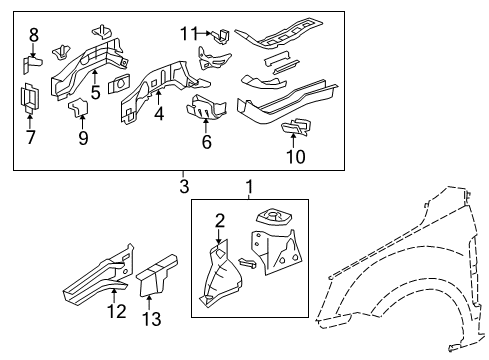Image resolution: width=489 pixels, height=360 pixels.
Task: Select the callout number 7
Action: coord(30,137)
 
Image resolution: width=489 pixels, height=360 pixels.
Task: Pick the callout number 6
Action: coord(206,143)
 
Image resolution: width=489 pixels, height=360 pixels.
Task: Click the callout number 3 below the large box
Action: coord(183,186)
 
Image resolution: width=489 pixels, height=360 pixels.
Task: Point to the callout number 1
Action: coord(249,186)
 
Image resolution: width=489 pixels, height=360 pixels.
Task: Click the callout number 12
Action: coord(119,313)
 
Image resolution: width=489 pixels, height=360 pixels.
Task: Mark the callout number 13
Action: coord(152,319)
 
